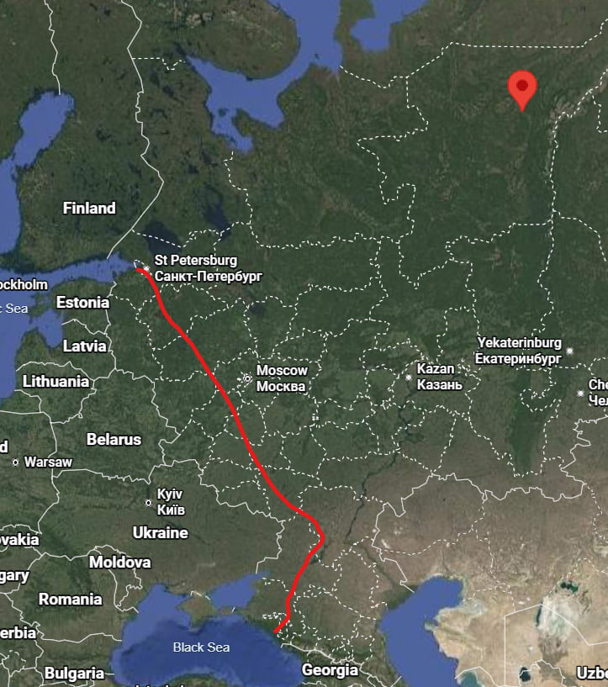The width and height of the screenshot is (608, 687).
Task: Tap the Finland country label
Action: pyautogui.click(x=89, y=208)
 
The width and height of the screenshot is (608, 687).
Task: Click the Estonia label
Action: pyautogui.click(x=82, y=302)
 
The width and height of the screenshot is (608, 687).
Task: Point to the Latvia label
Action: pyautogui.click(x=85, y=346)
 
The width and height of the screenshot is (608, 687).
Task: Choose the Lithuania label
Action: pyautogui.click(x=56, y=381)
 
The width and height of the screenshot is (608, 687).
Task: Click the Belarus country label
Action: pyautogui.click(x=114, y=439)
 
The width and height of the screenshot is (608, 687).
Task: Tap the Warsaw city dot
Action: pyautogui.click(x=16, y=462)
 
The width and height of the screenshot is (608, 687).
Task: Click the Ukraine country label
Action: pyautogui.click(x=160, y=532)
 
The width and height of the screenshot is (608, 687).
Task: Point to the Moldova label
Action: pyautogui.click(x=120, y=561)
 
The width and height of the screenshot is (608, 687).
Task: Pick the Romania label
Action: pyautogui.click(x=70, y=600)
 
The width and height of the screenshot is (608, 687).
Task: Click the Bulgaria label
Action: pyautogui.click(x=74, y=673)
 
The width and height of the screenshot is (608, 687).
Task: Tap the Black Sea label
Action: pyautogui.click(x=201, y=647)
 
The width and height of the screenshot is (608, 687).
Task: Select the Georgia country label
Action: pyautogui.click(x=330, y=670)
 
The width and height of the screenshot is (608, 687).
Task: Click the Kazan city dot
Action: pyautogui.click(x=410, y=378)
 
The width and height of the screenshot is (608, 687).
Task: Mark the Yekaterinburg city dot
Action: pyautogui.click(x=570, y=351)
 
